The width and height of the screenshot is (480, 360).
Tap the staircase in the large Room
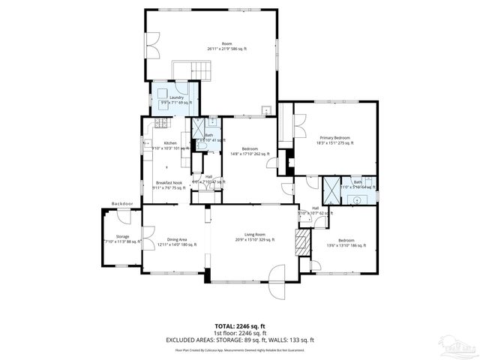[188, 71]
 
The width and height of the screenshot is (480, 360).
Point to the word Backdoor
[122, 203]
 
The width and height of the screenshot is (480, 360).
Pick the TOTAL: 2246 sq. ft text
[240, 326]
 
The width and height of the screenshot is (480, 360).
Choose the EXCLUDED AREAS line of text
[240, 340]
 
